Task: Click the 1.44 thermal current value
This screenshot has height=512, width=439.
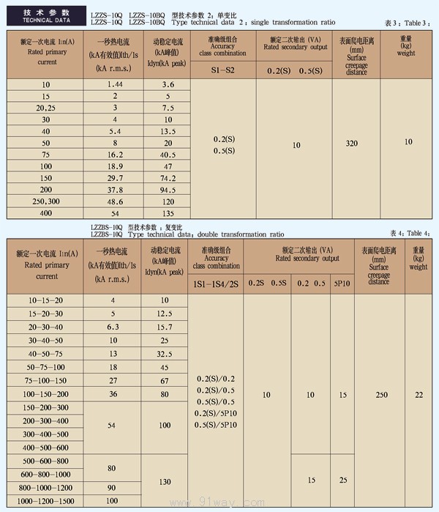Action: [x=113, y=85]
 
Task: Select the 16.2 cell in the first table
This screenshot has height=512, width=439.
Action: [x=113, y=155]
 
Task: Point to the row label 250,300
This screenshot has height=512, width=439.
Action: [x=45, y=201]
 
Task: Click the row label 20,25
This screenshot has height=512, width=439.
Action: [x=45, y=108]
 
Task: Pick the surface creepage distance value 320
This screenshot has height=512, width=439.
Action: [x=351, y=143]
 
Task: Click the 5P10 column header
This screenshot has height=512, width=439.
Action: [x=342, y=283]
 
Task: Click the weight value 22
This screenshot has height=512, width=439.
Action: [x=418, y=395]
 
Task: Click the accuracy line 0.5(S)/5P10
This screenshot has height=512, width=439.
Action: [x=216, y=425]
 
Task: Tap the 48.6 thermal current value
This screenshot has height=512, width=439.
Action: [x=113, y=201]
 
